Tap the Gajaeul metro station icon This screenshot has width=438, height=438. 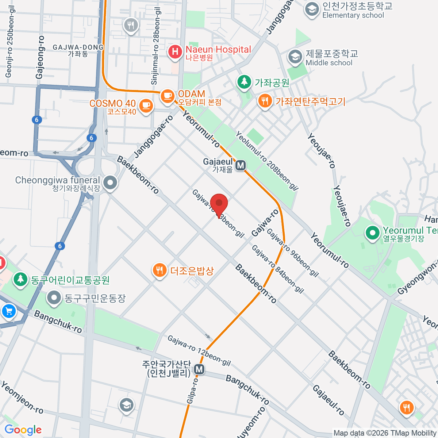tap(240, 165)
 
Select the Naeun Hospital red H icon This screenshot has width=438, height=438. tap(175, 51)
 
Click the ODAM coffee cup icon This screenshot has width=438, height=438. tap(168, 96)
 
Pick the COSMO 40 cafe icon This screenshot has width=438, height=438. tap(146, 105)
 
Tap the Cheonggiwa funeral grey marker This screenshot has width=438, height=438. tap(109, 182)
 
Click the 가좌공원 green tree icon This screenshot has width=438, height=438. tap(244, 82)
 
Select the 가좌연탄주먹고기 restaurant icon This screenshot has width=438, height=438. tap(265, 101)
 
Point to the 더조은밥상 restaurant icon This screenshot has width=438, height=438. tap(159, 270)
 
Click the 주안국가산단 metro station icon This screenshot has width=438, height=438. tap(199, 369)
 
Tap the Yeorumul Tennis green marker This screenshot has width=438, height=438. tap(372, 233)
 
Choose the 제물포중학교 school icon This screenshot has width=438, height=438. tap(295, 57)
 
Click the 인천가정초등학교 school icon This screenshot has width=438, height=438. tap(312, 9)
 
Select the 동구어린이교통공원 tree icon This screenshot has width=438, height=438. tap(20, 279)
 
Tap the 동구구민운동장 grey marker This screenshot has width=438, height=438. tap(54, 297)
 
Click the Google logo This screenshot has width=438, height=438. tap(23, 430)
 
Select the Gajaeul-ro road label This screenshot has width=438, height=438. tap(328, 400)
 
